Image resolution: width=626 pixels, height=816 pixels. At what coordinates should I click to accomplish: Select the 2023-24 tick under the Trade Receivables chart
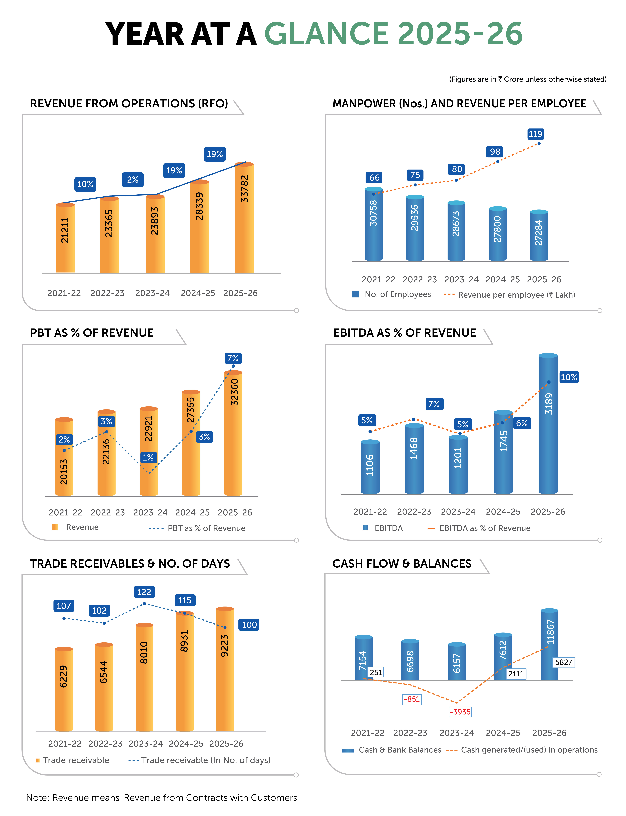(146, 744)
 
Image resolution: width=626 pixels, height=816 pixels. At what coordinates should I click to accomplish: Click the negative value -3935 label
(460, 712)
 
